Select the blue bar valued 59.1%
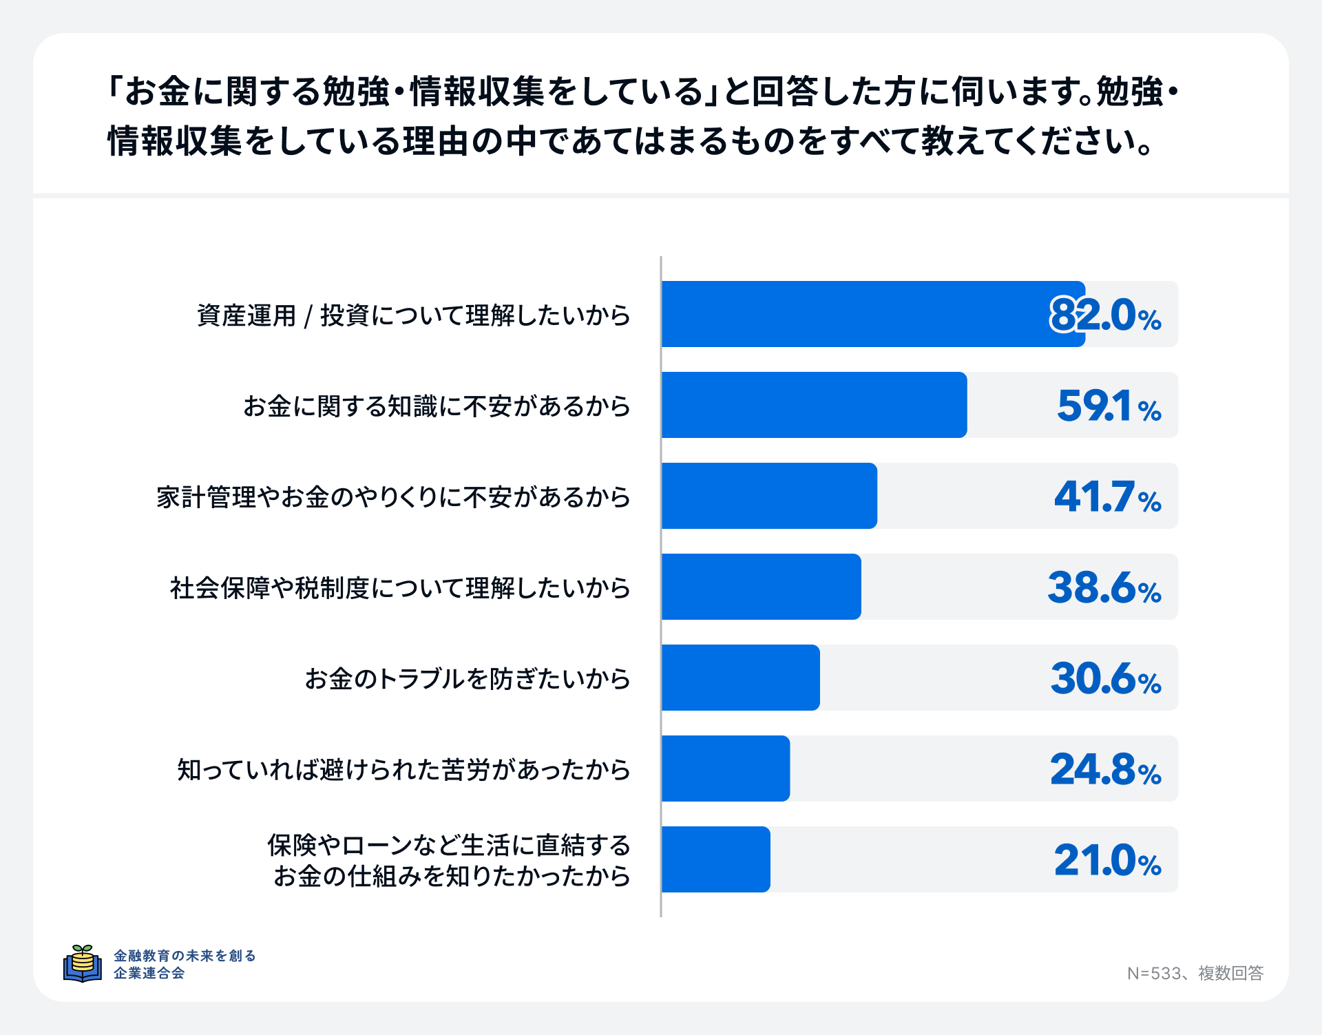(814, 405)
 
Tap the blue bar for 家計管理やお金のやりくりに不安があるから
(769, 496)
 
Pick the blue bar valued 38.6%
(761, 587)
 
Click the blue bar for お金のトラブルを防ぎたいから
(740, 678)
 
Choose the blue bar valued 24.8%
(725, 769)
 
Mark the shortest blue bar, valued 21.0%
(715, 859)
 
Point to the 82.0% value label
(1105, 315)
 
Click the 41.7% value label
(1107, 497)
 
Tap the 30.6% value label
(1106, 679)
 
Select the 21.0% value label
(1107, 861)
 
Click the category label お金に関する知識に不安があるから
(437, 406)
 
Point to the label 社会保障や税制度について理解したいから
(400, 588)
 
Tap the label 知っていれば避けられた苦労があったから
(403, 770)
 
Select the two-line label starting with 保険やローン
(449, 860)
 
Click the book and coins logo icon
(83, 963)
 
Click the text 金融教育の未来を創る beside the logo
(185, 956)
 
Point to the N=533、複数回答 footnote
(1195, 973)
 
